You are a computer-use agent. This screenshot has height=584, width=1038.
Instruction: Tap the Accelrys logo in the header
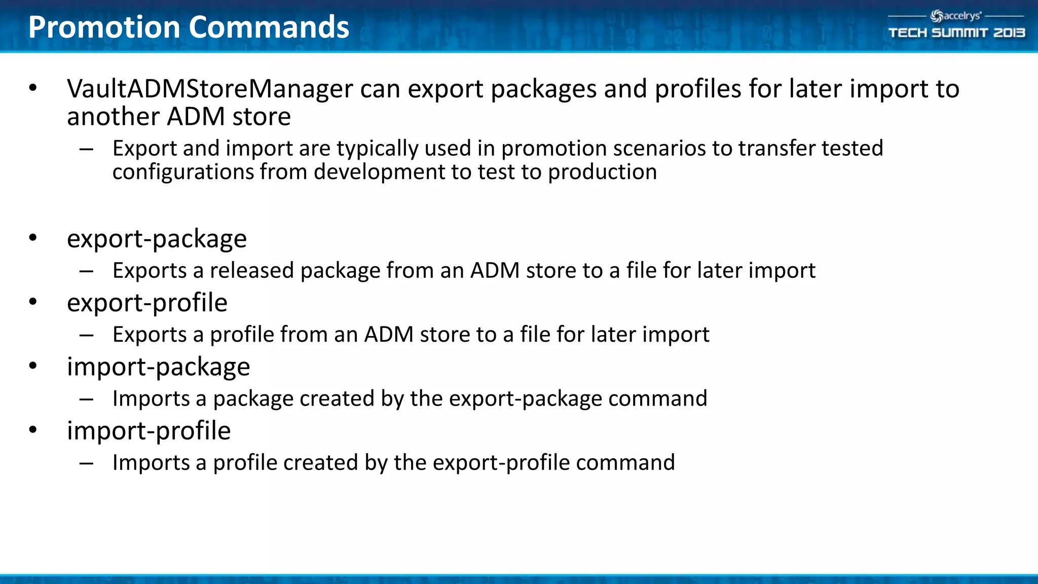[x=956, y=16]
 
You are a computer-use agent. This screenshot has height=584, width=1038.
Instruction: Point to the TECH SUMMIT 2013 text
[x=956, y=33]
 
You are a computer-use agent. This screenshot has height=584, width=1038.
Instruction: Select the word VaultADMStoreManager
[x=210, y=89]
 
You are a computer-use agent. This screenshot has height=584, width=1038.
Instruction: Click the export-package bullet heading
[x=157, y=239]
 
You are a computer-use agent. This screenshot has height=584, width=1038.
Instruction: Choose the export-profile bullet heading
[x=147, y=303]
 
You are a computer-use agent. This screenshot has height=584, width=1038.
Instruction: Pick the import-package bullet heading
[x=158, y=367]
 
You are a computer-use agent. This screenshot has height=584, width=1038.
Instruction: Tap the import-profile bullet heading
[x=149, y=431]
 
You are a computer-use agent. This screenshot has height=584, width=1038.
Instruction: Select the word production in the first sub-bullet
[x=602, y=172]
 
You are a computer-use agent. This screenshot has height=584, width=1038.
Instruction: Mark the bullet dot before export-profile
[x=33, y=302]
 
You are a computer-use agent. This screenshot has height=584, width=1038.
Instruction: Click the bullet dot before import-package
[x=33, y=366]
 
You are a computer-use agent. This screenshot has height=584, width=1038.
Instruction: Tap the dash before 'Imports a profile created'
[x=86, y=463]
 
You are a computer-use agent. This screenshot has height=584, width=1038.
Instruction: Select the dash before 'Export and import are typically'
[x=86, y=149]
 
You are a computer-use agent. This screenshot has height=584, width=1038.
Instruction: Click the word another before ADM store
[x=114, y=117]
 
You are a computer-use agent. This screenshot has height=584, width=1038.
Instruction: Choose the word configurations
[x=183, y=172]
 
